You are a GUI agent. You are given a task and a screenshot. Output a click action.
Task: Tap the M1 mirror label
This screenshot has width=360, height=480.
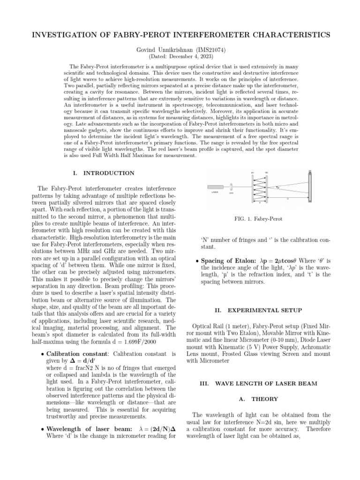(253, 172)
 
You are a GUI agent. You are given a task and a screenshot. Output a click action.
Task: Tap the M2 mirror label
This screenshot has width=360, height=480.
(266, 172)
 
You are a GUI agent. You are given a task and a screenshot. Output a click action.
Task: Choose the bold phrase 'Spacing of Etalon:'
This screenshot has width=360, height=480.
(226, 261)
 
